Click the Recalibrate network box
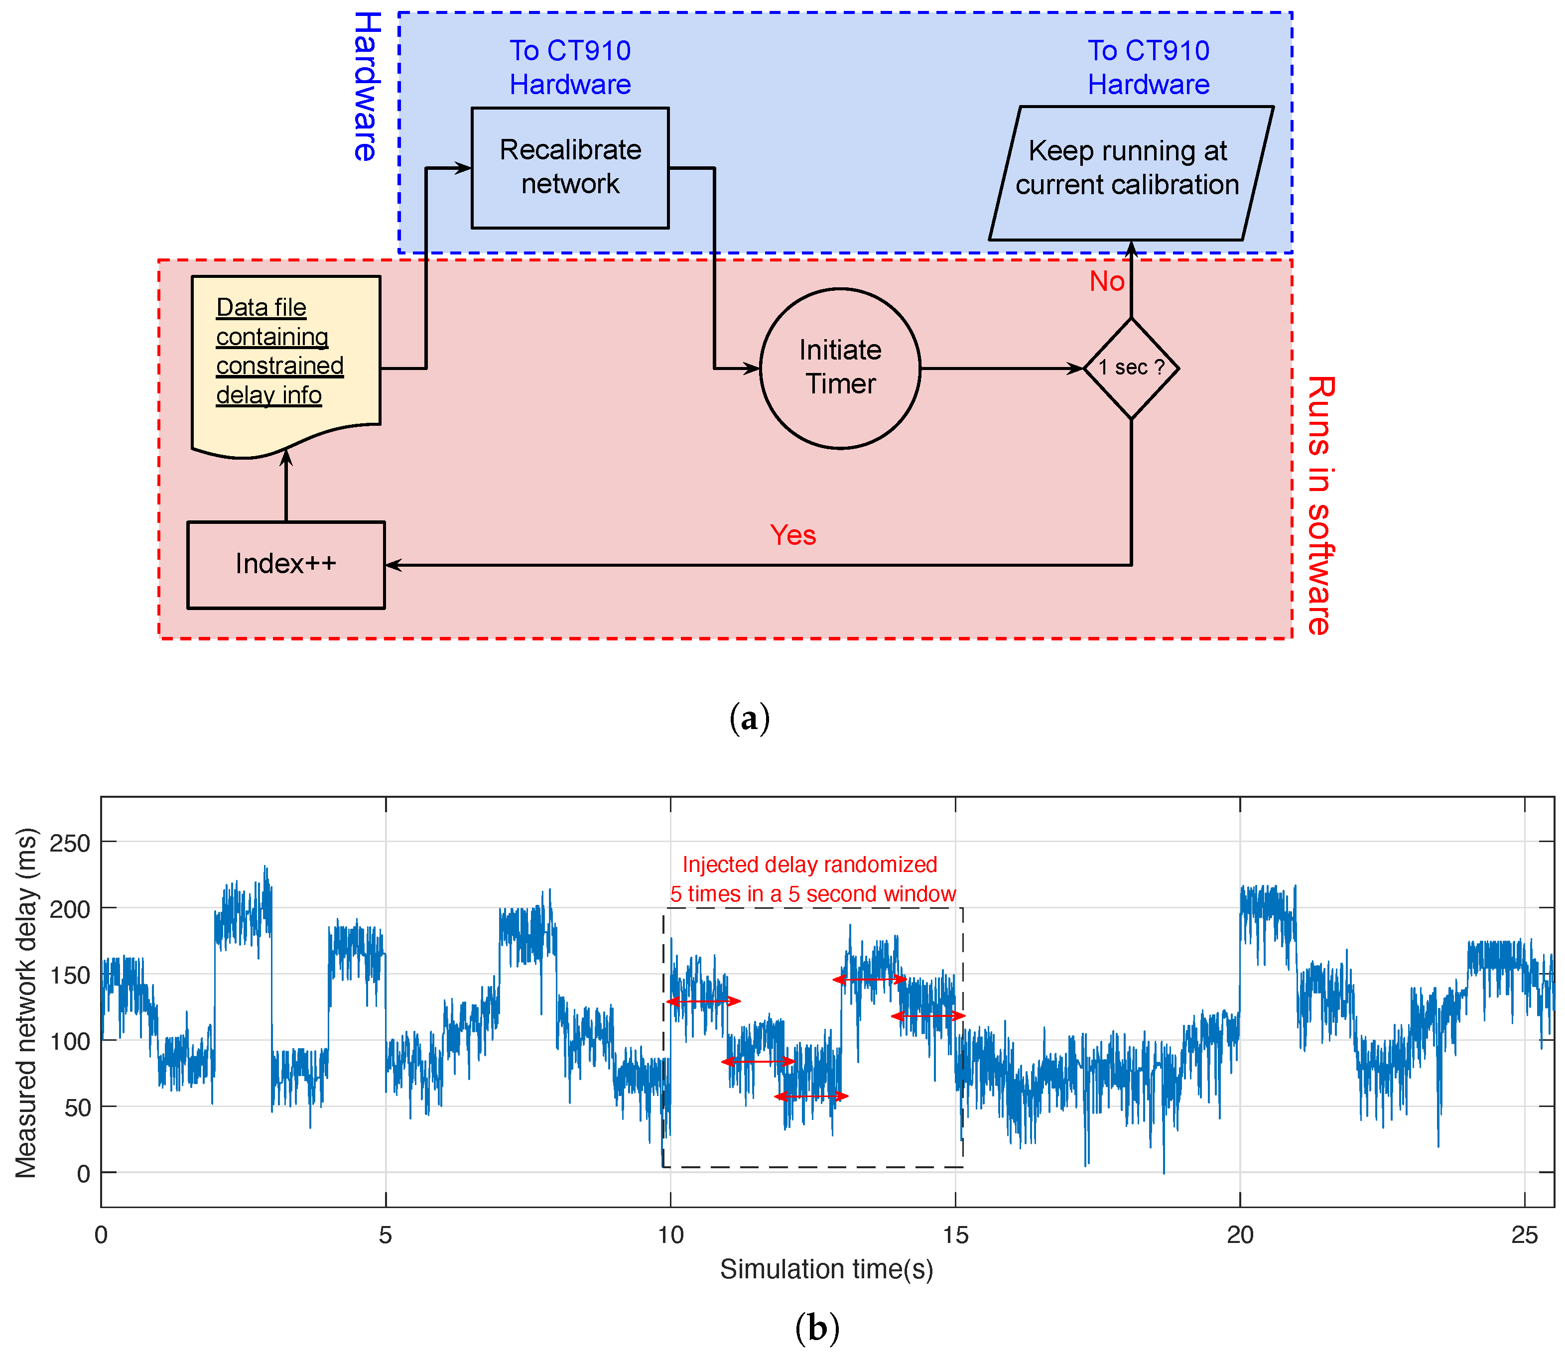tap(570, 168)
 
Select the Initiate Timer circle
tap(840, 368)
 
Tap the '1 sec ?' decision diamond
tap(1131, 368)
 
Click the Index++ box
tap(285, 564)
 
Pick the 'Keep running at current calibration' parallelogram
tap(1130, 173)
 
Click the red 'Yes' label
tap(792, 535)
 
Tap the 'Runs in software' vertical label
tap(1319, 505)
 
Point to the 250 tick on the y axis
tap(70, 843)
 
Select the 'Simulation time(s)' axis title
tap(826, 1269)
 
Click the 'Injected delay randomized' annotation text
tap(809, 864)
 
